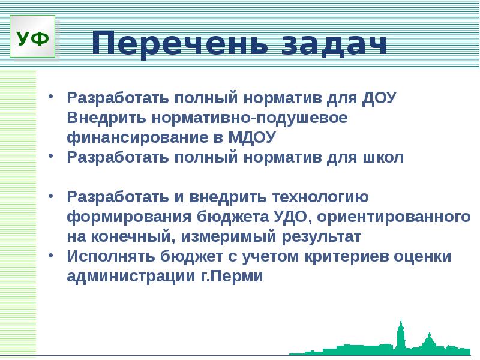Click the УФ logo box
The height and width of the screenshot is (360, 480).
[x=34, y=38]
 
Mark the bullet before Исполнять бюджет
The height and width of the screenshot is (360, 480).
[x=52, y=254]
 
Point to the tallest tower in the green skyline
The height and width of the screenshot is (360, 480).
[x=400, y=334]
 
